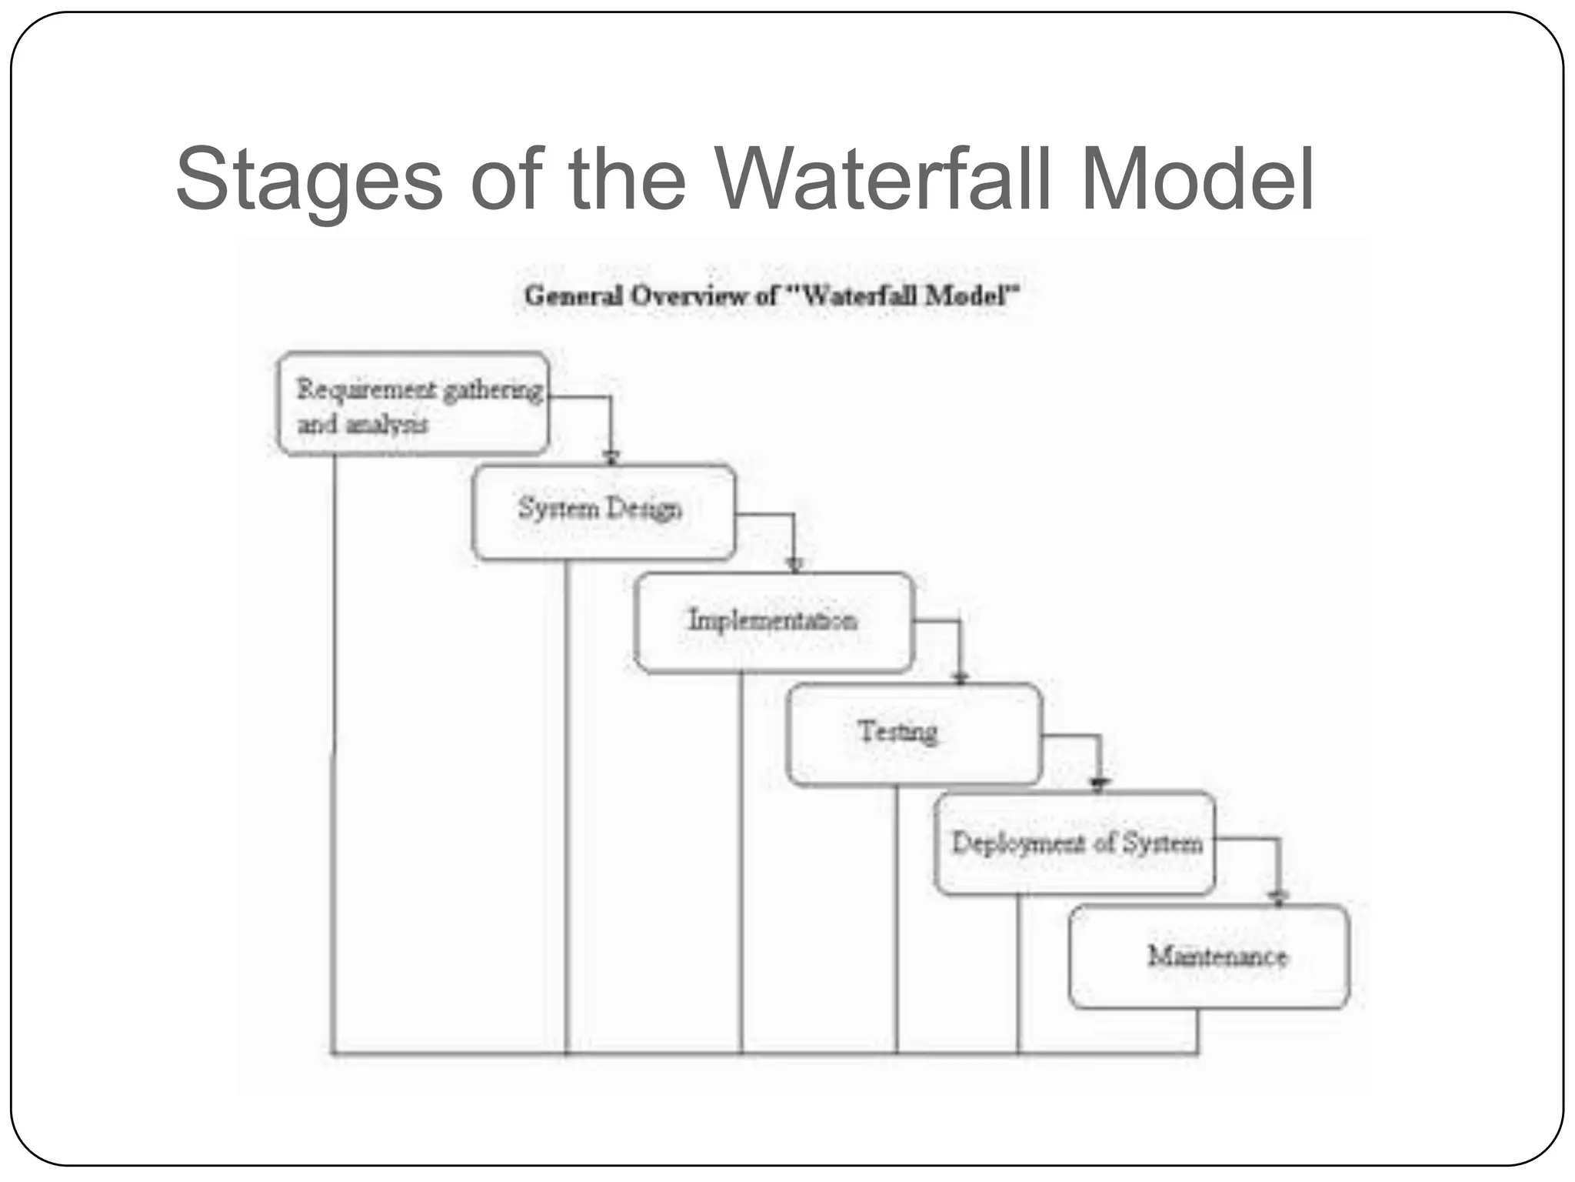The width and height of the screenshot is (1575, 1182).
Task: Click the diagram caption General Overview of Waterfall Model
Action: (771, 296)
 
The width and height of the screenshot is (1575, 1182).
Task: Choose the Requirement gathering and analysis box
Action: (414, 405)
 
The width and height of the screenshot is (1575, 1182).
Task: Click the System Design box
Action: (604, 512)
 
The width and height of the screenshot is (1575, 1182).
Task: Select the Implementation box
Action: (774, 623)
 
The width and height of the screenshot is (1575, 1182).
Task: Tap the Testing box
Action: (914, 734)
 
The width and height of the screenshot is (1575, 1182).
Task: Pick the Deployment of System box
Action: (1075, 843)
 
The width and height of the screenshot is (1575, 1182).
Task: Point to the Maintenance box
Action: (1209, 957)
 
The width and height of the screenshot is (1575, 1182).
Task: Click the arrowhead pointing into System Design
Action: (611, 458)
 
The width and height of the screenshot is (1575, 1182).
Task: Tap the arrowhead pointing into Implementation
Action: (795, 566)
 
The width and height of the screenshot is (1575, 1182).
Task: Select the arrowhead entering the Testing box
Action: (960, 677)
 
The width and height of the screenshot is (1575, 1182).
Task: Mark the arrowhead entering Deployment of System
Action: (1100, 785)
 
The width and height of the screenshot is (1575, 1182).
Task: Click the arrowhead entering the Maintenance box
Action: (1278, 897)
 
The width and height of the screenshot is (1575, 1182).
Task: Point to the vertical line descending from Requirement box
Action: (335, 754)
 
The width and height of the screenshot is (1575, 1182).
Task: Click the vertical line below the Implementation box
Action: (741, 862)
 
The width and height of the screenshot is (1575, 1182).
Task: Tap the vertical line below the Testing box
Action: (897, 920)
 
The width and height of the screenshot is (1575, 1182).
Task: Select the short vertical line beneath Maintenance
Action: (1197, 1031)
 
